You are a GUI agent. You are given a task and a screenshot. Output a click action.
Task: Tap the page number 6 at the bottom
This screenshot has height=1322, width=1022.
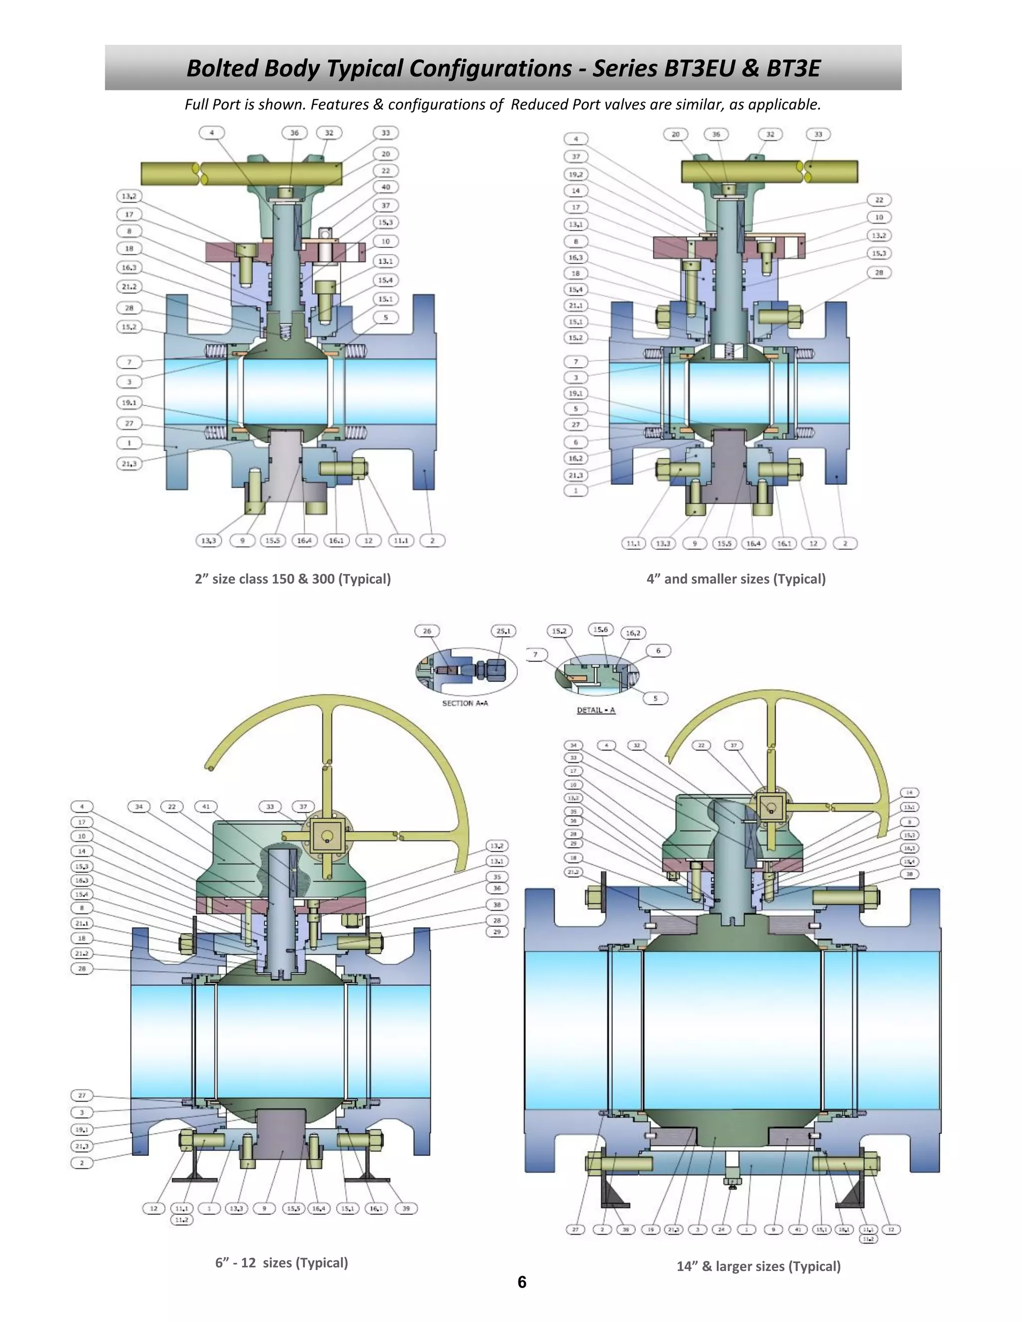[x=521, y=1282]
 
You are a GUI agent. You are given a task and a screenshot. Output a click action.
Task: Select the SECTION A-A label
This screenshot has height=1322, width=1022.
[x=465, y=703]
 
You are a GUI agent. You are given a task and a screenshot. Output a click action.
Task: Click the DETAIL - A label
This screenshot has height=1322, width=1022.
[x=596, y=709]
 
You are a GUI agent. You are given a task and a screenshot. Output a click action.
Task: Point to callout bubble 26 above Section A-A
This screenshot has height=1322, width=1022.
[x=427, y=631]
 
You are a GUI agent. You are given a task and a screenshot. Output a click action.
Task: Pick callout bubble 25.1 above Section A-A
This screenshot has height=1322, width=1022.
[x=503, y=631]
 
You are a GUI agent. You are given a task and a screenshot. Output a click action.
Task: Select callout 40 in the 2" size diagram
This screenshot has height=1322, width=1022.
[x=386, y=187]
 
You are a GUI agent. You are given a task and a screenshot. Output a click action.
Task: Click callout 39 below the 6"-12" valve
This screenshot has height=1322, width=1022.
[x=406, y=1208]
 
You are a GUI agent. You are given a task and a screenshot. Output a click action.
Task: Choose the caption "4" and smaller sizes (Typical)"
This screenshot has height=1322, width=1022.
[x=736, y=579]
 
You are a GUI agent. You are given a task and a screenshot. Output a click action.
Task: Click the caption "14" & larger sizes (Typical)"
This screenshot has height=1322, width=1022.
[x=758, y=1266]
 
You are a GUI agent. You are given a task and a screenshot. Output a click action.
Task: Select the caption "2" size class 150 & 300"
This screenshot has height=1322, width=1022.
[x=292, y=579]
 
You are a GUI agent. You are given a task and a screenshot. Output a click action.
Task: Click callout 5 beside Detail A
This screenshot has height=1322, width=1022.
[x=655, y=698]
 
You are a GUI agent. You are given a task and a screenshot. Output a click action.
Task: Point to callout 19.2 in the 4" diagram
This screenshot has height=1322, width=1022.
[x=575, y=174]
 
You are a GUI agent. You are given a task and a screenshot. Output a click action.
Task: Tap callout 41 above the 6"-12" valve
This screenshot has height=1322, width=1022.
[x=206, y=806]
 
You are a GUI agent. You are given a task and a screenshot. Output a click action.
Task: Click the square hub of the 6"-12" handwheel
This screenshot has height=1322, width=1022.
[x=327, y=837]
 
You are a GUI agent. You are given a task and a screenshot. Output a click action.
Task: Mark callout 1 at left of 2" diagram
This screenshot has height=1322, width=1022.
[x=129, y=442]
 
